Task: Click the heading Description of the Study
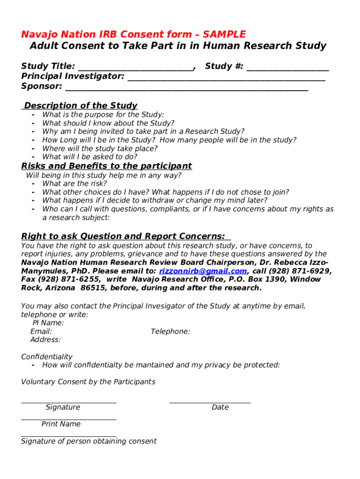[x=80, y=106]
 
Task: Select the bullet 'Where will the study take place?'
[x=100, y=148]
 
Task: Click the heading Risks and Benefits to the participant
[x=107, y=166]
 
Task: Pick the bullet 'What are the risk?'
[x=74, y=184]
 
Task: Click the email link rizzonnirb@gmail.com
[x=203, y=271]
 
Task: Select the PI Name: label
[x=48, y=323]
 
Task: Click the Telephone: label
[x=170, y=331]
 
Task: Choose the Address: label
[x=45, y=340]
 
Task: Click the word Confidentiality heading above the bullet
[x=47, y=357]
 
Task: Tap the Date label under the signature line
[x=220, y=407]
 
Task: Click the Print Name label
[x=61, y=424]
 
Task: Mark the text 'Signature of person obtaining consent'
[x=89, y=441]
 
